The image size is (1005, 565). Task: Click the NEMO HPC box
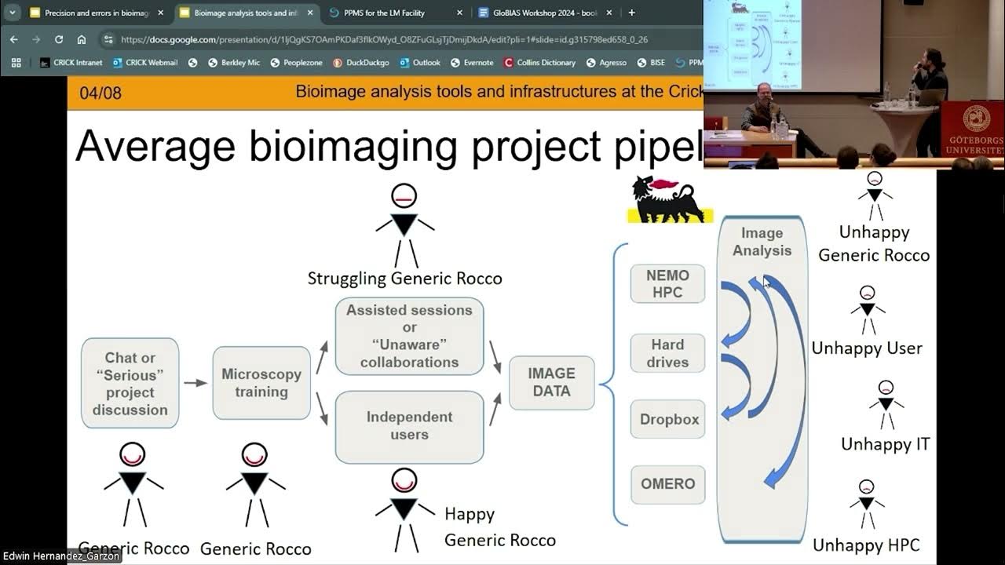(667, 283)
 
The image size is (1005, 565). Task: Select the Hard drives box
(667, 353)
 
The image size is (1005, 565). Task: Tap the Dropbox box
(668, 419)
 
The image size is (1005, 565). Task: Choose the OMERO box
(667, 484)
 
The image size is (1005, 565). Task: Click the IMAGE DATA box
(551, 382)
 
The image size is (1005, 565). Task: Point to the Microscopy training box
(261, 383)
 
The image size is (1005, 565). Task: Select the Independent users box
(409, 426)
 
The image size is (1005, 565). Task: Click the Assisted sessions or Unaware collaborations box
(409, 336)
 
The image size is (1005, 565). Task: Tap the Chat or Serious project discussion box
(130, 383)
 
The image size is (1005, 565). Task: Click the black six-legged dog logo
(668, 200)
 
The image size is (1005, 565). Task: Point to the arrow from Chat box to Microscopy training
(196, 383)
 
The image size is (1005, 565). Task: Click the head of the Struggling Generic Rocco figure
(404, 196)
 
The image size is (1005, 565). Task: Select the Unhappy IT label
(885, 444)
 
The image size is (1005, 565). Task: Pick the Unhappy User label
(867, 348)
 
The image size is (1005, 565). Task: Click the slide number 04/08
(100, 93)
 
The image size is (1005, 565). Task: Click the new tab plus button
(632, 13)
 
